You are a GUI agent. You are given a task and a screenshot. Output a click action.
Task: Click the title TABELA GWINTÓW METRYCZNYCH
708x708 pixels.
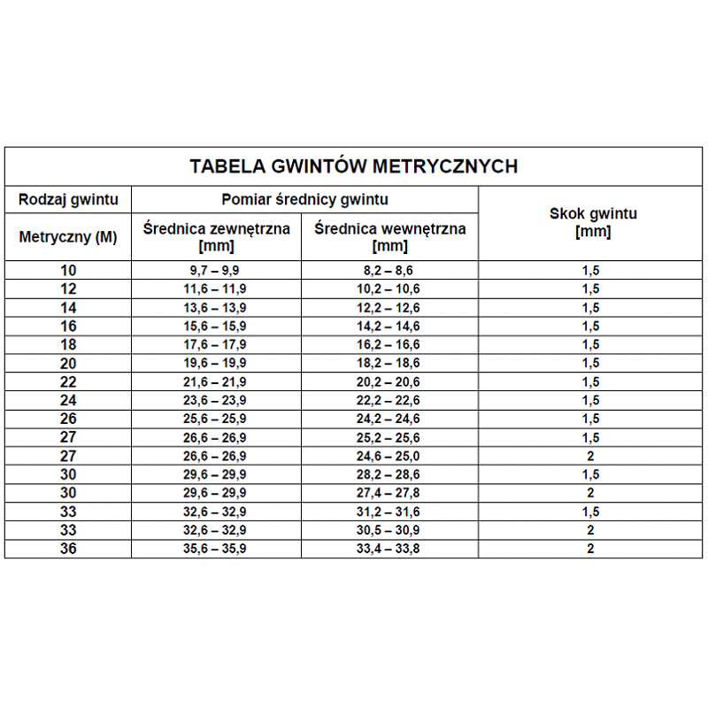click(x=354, y=165)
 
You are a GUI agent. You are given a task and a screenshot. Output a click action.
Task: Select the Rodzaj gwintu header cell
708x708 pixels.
click(x=68, y=200)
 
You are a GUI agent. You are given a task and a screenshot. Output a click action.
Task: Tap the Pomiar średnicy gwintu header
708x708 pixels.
click(x=304, y=200)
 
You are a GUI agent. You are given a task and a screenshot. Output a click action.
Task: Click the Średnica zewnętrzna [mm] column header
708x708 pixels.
click(x=217, y=237)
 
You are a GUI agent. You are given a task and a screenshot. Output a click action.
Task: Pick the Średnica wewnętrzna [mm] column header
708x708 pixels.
click(x=390, y=237)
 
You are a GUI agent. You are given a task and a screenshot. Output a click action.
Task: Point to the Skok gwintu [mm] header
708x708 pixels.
click(x=593, y=223)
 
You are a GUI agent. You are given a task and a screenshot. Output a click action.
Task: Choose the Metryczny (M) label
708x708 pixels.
click(x=68, y=236)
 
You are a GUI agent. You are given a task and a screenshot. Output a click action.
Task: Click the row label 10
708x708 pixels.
click(x=68, y=271)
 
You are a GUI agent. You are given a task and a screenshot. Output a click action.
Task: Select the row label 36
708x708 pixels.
click(x=68, y=549)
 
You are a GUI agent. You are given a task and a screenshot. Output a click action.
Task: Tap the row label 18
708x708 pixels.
click(x=68, y=344)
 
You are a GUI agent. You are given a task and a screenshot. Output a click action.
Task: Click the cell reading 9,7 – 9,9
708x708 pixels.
click(x=217, y=271)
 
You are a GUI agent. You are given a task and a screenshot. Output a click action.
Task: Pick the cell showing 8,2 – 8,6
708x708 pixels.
click(x=390, y=271)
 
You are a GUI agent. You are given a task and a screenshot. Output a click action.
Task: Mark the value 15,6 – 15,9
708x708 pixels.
click(x=217, y=327)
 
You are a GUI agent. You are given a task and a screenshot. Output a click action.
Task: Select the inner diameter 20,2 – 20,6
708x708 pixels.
click(x=390, y=381)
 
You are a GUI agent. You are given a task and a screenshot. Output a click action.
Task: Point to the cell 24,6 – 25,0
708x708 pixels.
click(x=390, y=456)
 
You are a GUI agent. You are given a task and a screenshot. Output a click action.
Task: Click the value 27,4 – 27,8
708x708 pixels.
click(x=390, y=493)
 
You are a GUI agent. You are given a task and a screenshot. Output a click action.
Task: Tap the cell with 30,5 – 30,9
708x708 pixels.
click(x=390, y=530)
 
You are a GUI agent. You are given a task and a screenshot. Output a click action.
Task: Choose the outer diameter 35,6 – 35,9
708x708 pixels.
click(x=217, y=549)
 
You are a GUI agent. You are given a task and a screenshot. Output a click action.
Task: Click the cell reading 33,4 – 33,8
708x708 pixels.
click(x=390, y=549)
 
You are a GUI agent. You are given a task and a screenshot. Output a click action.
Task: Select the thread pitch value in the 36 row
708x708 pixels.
click(x=590, y=549)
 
